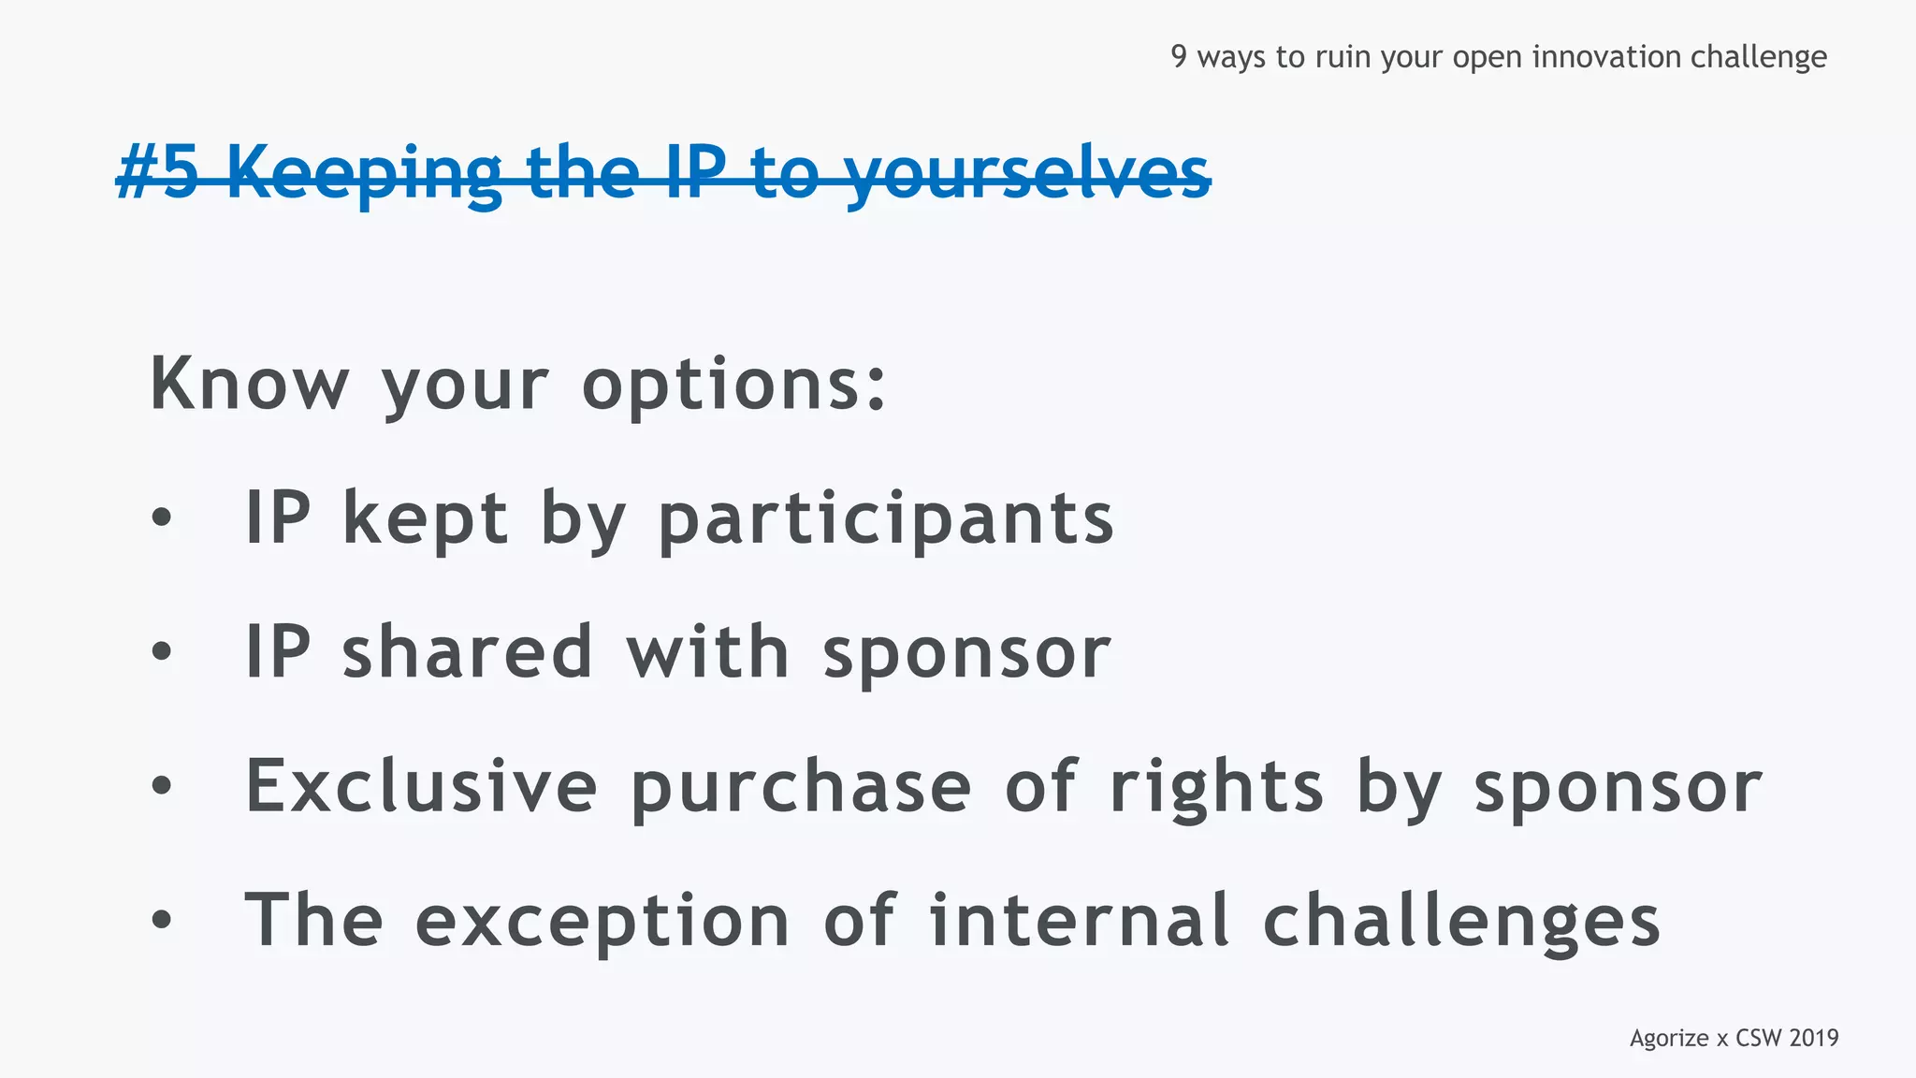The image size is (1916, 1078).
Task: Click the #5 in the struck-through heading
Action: (157, 173)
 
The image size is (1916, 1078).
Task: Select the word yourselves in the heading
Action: (1027, 175)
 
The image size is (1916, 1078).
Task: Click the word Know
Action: (249, 384)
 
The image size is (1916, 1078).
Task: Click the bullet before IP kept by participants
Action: (162, 517)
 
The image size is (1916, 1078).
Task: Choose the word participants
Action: (886, 519)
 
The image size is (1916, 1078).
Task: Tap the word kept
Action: (426, 519)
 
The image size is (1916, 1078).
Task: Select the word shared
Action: (468, 652)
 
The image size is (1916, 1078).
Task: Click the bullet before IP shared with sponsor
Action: (162, 652)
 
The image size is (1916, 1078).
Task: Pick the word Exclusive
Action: (421, 786)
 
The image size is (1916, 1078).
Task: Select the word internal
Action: (1079, 921)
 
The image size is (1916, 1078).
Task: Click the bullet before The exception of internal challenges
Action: (162, 921)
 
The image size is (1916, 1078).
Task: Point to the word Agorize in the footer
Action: (1669, 1039)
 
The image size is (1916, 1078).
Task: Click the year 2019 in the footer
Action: (1813, 1039)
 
